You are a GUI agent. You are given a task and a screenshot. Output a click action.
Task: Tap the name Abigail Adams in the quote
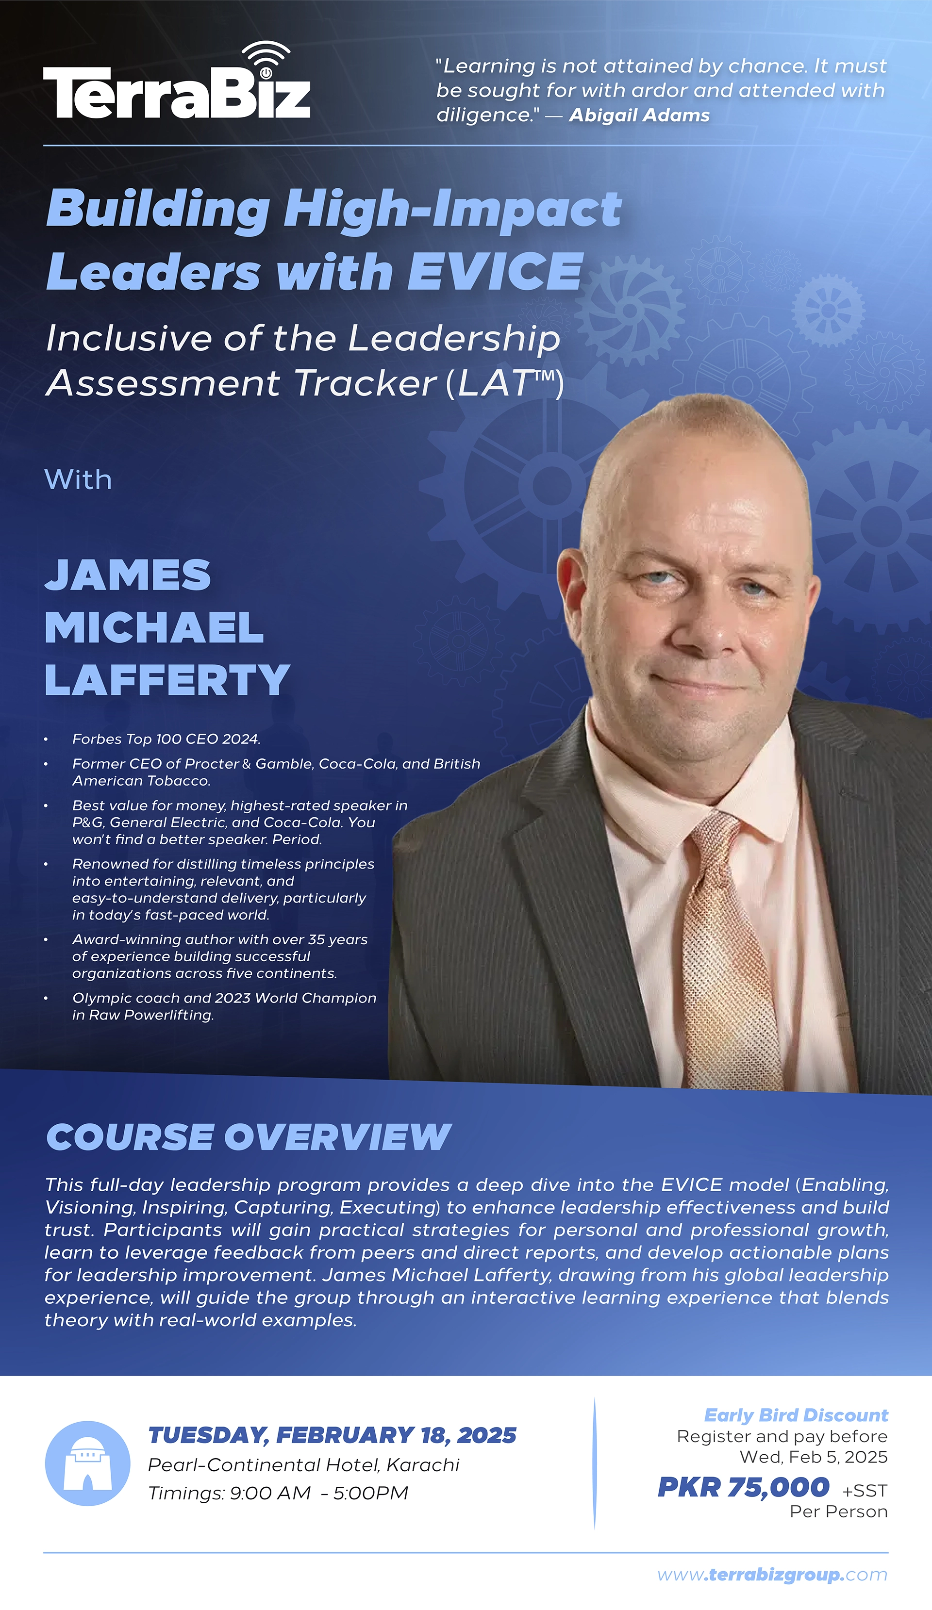(639, 115)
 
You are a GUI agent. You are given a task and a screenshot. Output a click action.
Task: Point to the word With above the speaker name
(78, 480)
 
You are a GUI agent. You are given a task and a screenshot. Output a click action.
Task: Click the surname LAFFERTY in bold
(167, 680)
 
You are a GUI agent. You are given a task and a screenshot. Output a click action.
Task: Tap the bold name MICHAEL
(154, 627)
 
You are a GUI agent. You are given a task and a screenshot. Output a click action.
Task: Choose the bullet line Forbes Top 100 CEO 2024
(166, 739)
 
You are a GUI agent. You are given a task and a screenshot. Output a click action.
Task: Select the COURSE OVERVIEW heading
(248, 1138)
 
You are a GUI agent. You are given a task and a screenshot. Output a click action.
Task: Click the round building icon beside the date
(87, 1463)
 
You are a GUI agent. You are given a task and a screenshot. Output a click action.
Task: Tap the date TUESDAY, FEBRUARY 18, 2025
(332, 1436)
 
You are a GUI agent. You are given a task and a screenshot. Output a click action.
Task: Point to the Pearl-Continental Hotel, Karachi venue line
(304, 1465)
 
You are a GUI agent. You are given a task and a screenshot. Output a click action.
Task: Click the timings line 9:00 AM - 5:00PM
(278, 1494)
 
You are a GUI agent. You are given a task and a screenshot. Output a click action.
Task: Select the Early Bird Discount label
(796, 1415)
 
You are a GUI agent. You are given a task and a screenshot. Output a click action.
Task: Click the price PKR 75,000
(744, 1487)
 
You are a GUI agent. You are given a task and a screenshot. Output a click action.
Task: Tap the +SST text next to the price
(864, 1491)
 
